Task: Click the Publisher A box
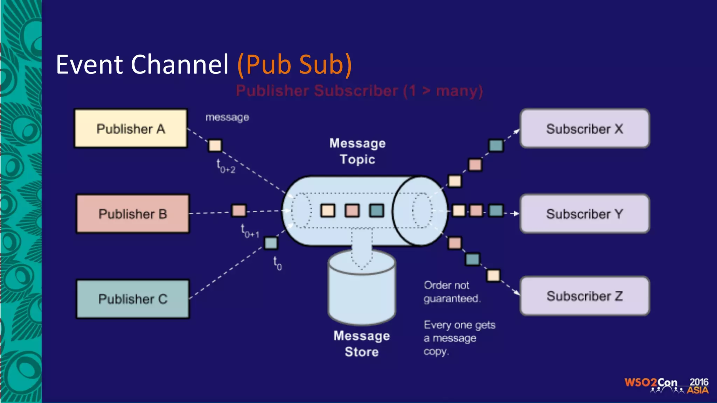point(131,128)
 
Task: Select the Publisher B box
point(133,214)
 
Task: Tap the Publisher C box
point(133,299)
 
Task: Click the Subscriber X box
point(585,128)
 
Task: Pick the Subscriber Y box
point(585,214)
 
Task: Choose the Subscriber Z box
point(585,296)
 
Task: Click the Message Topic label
point(357,151)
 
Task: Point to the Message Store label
point(362,344)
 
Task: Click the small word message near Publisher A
point(227,117)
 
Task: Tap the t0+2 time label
point(226,167)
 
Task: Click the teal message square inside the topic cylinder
point(377,211)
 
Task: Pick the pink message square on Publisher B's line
point(239,211)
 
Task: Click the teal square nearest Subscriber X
point(496,145)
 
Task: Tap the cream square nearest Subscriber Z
point(493,275)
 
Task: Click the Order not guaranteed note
point(452,292)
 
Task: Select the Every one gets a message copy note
point(459,338)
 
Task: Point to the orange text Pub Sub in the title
point(294,65)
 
